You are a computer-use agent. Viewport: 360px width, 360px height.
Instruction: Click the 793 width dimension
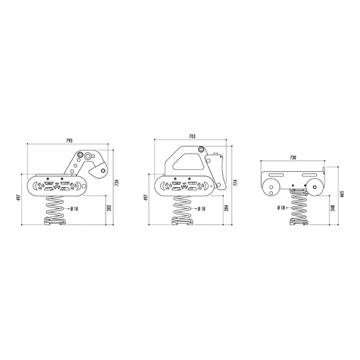(x=69, y=141)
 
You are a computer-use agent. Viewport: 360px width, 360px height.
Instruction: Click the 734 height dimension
(x=117, y=182)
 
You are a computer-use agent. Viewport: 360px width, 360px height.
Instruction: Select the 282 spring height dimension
(x=109, y=208)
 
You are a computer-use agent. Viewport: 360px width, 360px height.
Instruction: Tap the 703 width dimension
(x=192, y=136)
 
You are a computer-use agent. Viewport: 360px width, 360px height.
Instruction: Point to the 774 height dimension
(x=235, y=183)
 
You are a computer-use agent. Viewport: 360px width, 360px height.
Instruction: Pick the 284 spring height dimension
(x=226, y=208)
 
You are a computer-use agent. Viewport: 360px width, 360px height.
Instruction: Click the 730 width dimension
(x=293, y=158)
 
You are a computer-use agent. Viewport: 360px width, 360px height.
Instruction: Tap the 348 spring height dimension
(x=333, y=208)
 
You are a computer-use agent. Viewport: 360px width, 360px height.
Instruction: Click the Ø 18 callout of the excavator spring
(x=74, y=209)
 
